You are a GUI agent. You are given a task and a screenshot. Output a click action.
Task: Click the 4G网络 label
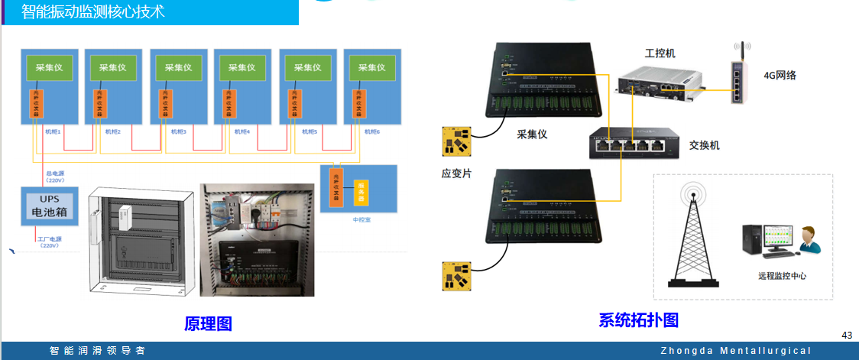coord(780,75)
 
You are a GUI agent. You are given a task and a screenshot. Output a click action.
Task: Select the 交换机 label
coord(704,145)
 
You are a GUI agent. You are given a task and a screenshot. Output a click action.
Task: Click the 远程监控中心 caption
coord(782,276)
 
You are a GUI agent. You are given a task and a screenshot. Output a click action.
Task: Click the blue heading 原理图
coord(208,323)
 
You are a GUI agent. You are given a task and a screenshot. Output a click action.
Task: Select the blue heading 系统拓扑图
coord(638,319)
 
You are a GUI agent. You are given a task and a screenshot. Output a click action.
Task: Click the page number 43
coord(847,336)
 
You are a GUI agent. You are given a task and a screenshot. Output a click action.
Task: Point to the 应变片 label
coord(456,174)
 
